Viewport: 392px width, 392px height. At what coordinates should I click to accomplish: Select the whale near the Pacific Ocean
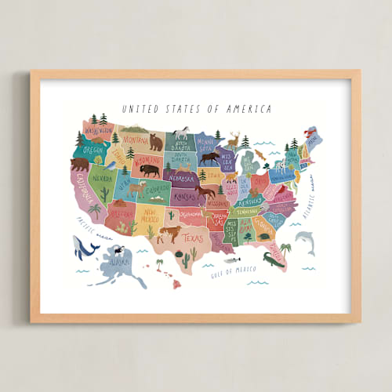point(85,247)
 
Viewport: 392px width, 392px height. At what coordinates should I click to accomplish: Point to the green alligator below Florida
point(274,260)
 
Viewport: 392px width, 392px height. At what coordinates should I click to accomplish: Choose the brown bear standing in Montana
point(156,142)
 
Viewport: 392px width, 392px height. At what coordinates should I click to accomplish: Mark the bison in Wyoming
point(149,169)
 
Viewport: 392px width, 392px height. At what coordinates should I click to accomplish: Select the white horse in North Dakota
point(183,132)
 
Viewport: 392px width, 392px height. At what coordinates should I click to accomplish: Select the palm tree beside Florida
point(285,250)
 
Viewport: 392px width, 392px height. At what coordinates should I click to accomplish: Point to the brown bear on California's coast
point(79,164)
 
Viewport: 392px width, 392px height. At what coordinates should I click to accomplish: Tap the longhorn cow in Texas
point(169,233)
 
